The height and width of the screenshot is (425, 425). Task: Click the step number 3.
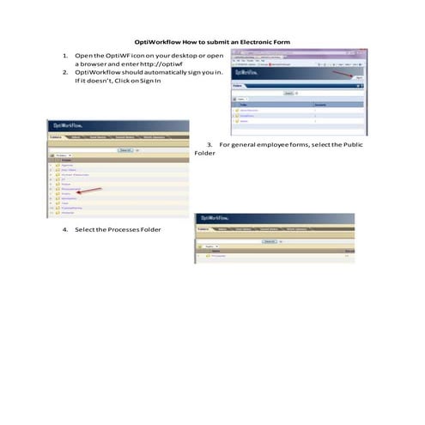tap(209, 144)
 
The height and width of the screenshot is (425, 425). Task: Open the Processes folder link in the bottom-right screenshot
tap(220, 256)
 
